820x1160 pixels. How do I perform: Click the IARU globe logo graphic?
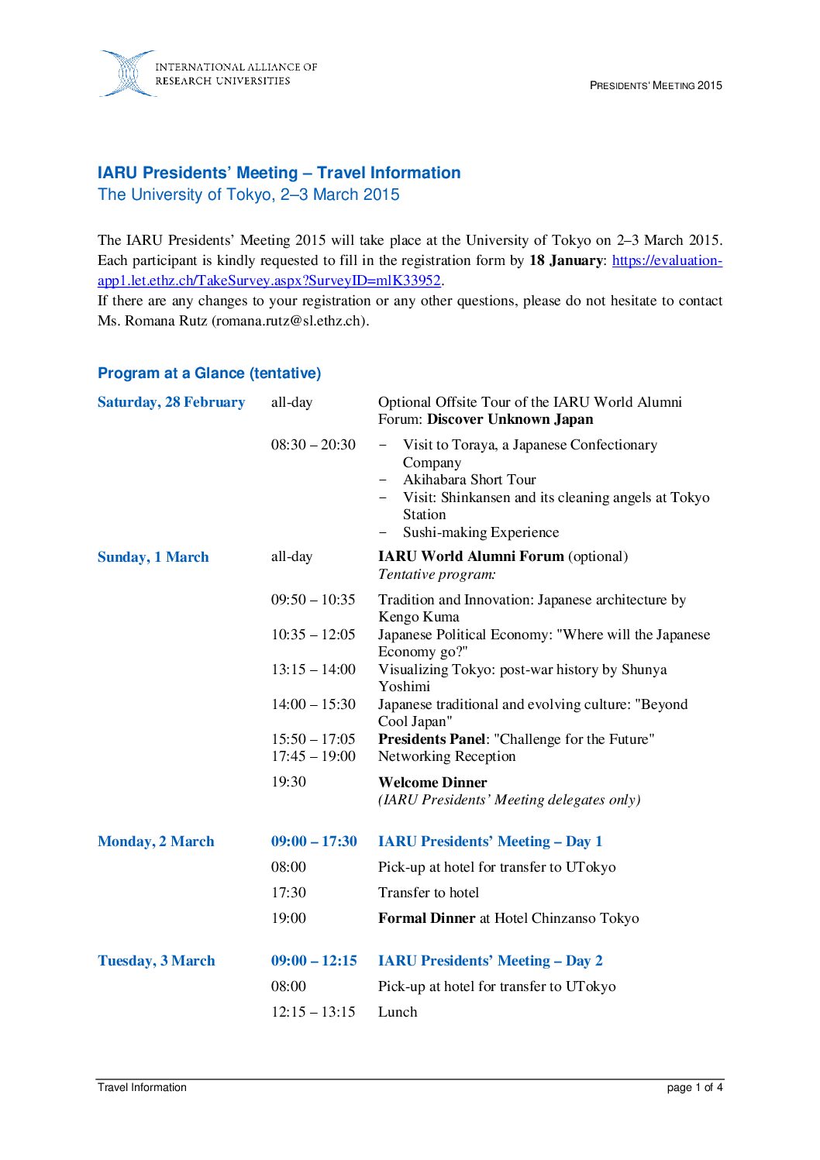pos(127,74)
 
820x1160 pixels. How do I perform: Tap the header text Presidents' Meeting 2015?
pos(656,85)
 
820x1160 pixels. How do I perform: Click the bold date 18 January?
pos(566,260)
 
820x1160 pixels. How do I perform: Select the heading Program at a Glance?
pos(209,373)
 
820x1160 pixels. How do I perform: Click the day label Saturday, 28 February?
pos(171,402)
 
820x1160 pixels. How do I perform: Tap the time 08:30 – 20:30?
pos(313,445)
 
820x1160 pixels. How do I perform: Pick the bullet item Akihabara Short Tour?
pos(469,480)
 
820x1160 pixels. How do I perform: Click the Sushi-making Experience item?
pos(481,532)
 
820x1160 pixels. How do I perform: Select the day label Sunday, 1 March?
pos(153,557)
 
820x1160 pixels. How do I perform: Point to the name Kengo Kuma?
pos(419,617)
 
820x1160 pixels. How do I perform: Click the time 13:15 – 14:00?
pos(313,669)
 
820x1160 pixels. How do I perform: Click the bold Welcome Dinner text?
pos(432,783)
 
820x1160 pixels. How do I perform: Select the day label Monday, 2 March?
pos(156,842)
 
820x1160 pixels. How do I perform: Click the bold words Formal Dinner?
pos(426,918)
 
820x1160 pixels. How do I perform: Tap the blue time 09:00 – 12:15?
pos(314,961)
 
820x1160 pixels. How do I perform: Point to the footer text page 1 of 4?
pos(694,1087)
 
